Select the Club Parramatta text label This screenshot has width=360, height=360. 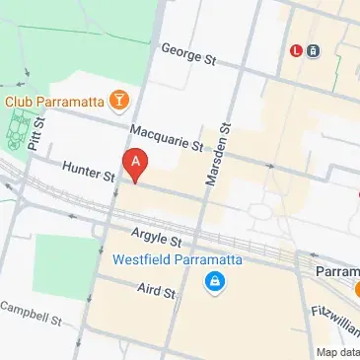click(x=56, y=100)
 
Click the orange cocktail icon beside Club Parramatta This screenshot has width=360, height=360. click(x=119, y=99)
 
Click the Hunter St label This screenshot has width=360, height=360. click(x=89, y=172)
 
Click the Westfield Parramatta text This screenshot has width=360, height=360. click(x=165, y=260)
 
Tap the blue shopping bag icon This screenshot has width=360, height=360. click(x=213, y=284)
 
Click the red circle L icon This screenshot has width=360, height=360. click(x=295, y=50)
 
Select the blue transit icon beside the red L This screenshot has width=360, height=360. click(x=314, y=50)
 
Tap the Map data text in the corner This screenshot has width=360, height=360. click(x=337, y=352)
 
